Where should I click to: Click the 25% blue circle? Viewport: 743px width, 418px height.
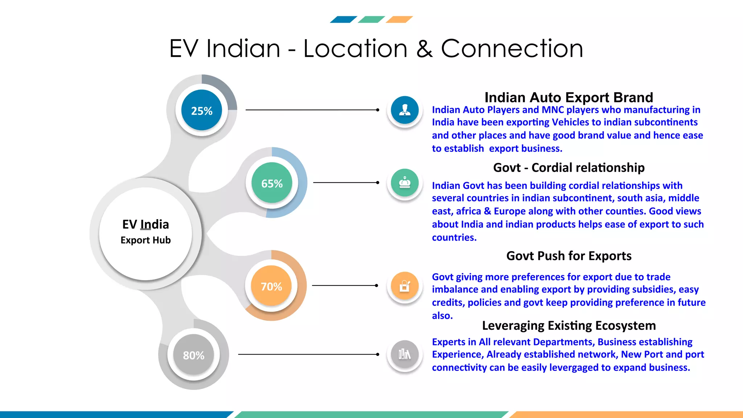pos(202,110)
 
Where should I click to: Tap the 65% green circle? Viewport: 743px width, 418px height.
pos(272,183)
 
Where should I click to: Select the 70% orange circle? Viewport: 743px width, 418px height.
pos(271,286)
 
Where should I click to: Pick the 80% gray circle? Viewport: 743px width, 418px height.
pos(194,355)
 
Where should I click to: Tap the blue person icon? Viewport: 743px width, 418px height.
pos(405,110)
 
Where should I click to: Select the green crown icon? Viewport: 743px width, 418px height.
pos(405,183)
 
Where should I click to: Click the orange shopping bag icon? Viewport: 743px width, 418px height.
pos(405,286)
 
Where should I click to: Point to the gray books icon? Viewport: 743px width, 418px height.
pos(405,354)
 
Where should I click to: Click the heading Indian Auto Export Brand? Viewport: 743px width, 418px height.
pos(568,97)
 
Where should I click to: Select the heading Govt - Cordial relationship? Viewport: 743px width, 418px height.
pos(568,167)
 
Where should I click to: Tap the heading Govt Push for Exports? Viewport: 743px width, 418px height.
pos(568,256)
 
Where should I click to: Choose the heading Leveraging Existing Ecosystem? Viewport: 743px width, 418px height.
pos(568,325)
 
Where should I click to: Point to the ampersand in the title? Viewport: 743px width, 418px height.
pos(424,49)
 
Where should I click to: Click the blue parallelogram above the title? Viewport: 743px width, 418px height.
pos(344,20)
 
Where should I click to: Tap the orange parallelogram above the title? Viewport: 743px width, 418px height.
pos(399,20)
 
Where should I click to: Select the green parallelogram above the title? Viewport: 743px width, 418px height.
pos(371,20)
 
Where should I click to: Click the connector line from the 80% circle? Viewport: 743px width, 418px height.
pos(308,354)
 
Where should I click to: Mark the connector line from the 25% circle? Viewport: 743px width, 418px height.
pos(312,110)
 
